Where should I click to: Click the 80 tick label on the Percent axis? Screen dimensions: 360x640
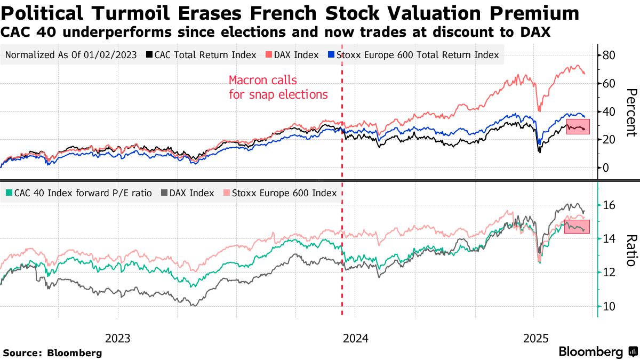610,55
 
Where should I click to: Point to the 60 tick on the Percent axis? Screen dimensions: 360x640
610,84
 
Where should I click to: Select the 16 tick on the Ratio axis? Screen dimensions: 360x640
610,205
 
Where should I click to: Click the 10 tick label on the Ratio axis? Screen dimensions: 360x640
610,306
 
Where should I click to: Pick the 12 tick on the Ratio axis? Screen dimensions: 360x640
610,273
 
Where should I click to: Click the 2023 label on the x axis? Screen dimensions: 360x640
118,338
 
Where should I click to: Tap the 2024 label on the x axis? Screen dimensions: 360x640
356,338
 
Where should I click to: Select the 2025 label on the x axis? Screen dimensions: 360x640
535,338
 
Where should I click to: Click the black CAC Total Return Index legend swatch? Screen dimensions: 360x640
150,55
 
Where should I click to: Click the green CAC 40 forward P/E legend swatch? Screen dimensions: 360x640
9,193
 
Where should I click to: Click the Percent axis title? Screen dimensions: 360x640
631,112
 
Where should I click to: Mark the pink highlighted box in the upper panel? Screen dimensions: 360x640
578,126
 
